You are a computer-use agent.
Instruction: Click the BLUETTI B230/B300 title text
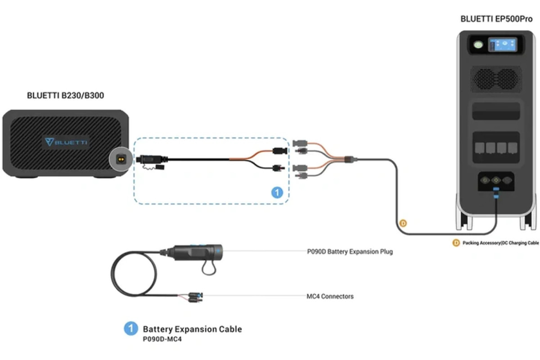66,95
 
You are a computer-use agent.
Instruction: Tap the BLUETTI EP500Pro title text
496,19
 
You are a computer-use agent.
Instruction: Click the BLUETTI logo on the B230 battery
66,142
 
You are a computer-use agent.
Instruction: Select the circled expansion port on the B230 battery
121,159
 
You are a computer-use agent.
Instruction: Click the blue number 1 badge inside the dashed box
277,193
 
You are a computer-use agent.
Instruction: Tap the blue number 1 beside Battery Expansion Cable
130,328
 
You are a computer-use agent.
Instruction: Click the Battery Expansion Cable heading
192,329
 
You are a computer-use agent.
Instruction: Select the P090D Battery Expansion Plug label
350,252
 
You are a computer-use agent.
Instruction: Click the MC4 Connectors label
330,296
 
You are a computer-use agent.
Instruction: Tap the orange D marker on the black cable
403,223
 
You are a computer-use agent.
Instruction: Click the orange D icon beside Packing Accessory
456,243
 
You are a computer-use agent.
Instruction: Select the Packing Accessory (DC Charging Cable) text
500,243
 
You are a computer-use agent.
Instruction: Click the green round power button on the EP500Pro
477,45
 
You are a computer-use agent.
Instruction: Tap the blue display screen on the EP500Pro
503,45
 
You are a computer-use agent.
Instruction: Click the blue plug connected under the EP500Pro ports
496,193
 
